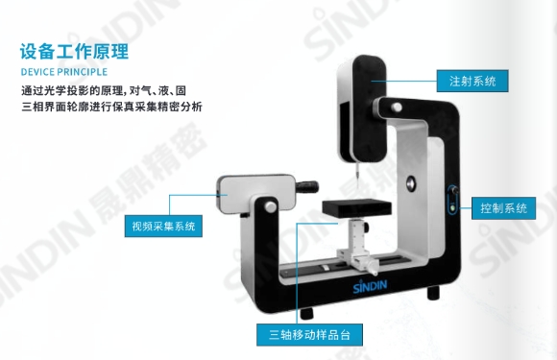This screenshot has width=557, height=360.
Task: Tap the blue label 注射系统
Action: tap(472, 81)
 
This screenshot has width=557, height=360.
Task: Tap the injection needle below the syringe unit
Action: tap(354, 178)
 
